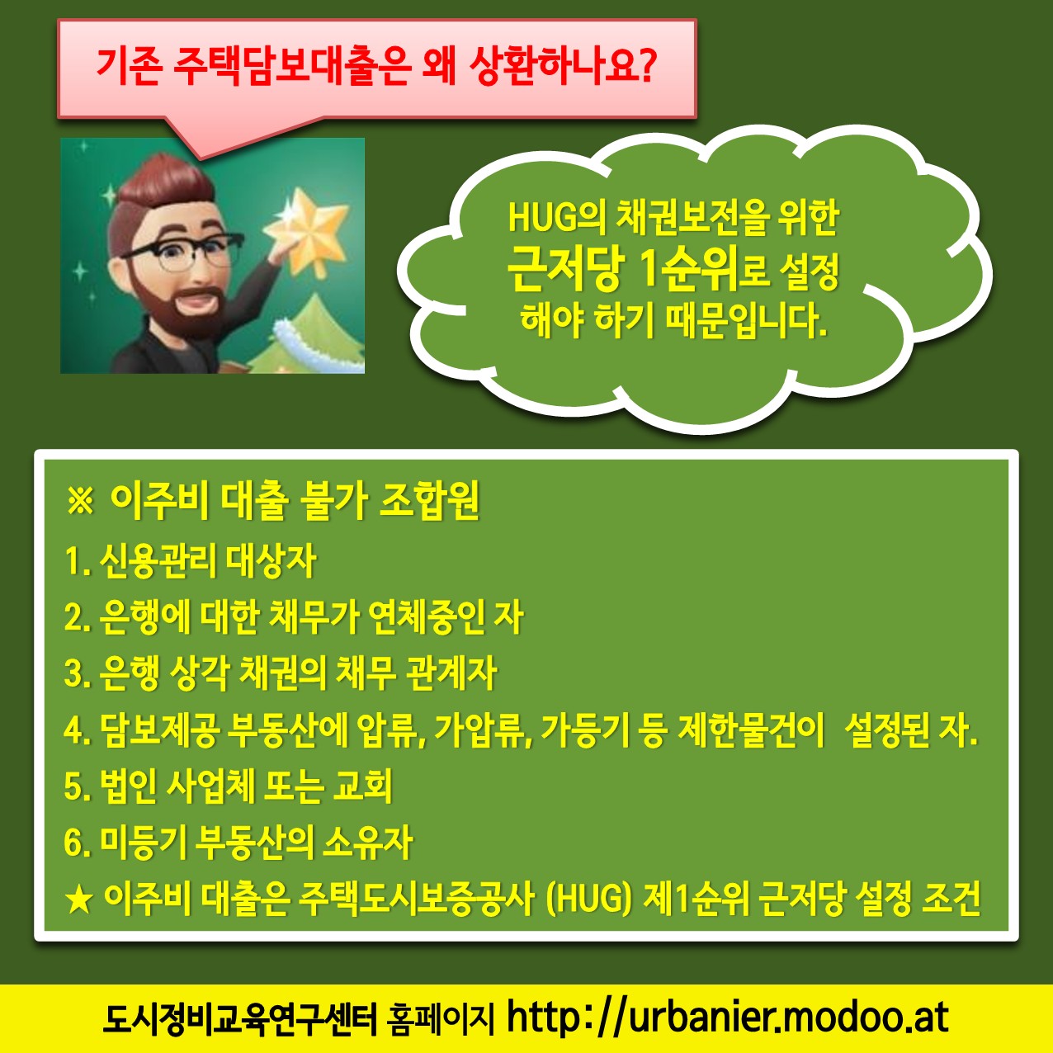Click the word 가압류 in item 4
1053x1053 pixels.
pos(483,730)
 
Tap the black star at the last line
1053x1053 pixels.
pos(78,900)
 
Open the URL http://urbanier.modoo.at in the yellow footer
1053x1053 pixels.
pos(728,1017)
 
